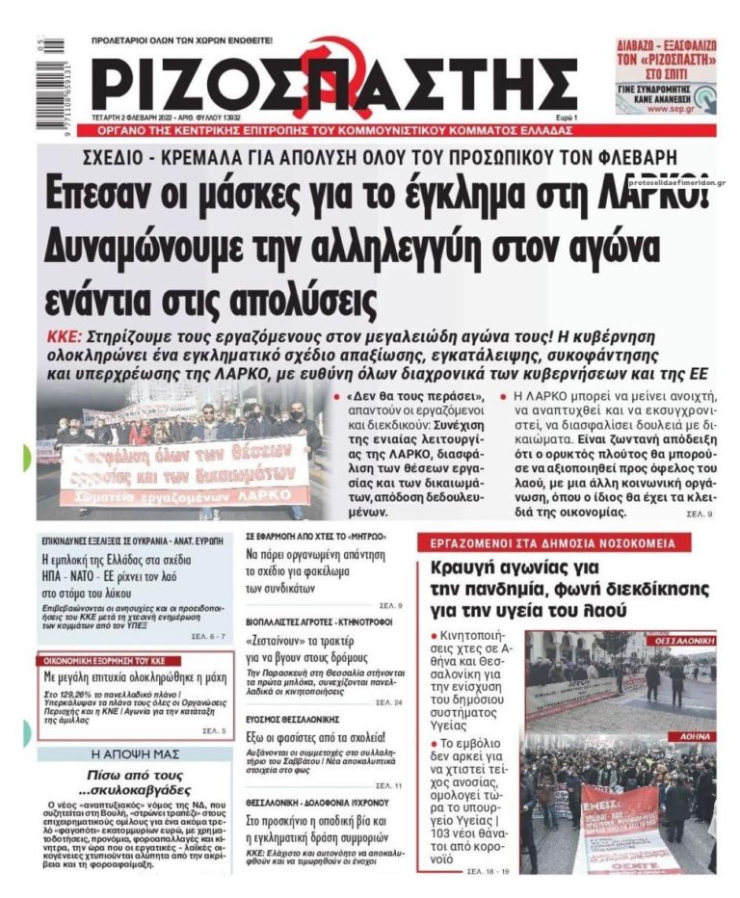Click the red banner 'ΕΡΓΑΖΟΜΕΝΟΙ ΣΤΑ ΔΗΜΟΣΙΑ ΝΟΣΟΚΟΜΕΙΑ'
click(x=554, y=542)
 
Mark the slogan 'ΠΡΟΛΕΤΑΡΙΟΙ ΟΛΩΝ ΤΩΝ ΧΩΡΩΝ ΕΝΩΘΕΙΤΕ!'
click(x=181, y=40)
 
